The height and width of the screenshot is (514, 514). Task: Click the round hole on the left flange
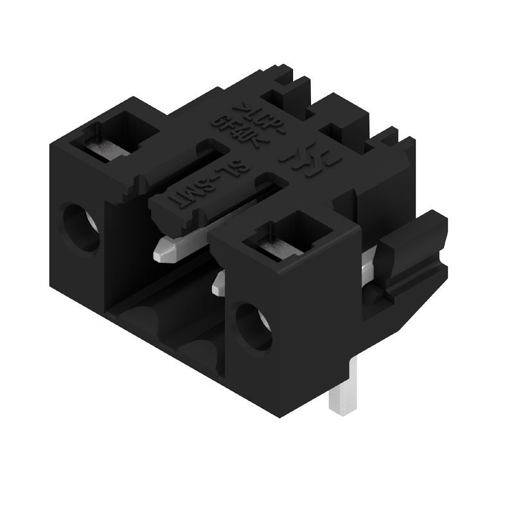82,226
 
